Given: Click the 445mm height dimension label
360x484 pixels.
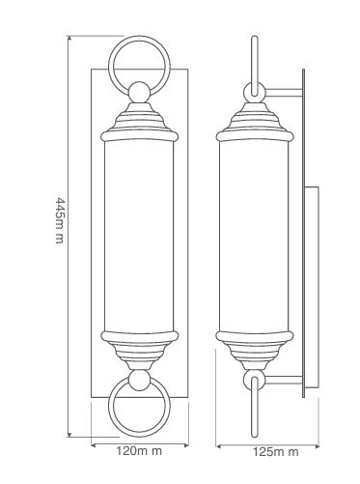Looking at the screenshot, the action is pos(60,220).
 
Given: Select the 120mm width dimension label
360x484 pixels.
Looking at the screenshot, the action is pos(139,451).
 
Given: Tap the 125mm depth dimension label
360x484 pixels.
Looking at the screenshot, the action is pos(275,452).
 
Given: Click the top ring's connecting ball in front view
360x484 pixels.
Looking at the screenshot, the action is pos(139,93).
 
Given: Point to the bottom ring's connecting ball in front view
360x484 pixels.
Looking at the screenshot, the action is pos(139,380).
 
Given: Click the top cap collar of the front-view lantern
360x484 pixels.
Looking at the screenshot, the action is pos(139,136).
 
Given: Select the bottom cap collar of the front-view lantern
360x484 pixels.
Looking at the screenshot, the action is pos(139,335).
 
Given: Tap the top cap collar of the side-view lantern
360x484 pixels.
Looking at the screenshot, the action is pos(255,136).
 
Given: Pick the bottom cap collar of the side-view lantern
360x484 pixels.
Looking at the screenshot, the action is pos(255,335).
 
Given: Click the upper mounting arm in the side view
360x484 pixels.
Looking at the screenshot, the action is pos(284,93).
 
